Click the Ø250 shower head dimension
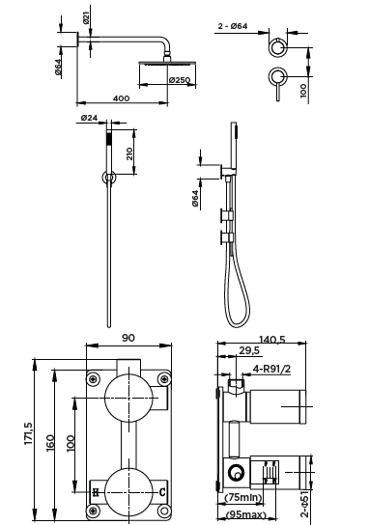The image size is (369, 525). [x=180, y=80]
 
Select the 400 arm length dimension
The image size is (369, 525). [x=121, y=98]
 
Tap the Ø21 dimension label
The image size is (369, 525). [x=86, y=17]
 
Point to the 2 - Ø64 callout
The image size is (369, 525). [x=233, y=26]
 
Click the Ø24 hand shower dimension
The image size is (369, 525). [x=89, y=118]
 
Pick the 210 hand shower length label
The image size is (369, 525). [x=129, y=153]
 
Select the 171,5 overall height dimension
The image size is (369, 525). [x=28, y=433]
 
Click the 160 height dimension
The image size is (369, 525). [x=50, y=443]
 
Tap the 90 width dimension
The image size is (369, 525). [x=128, y=338]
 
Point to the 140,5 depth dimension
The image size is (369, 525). [x=272, y=340]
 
